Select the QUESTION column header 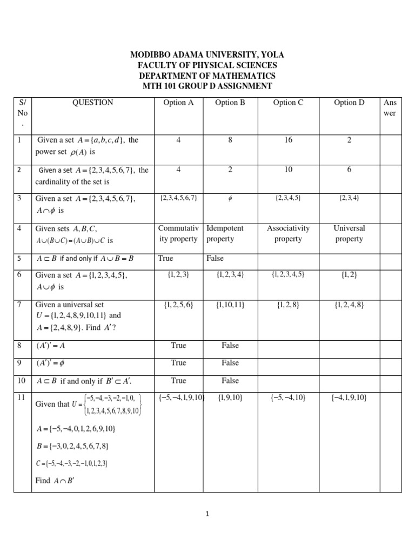[92, 102]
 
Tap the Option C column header [288, 103]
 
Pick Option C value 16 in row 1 [288, 140]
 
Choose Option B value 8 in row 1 [230, 140]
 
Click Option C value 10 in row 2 [288, 170]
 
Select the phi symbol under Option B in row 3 [230, 198]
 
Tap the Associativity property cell [288, 233]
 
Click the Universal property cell [350, 233]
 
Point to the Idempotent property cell [225, 233]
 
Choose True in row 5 [166, 258]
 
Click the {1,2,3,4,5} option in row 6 [288, 274]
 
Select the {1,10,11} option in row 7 [230, 305]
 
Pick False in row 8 [230, 345]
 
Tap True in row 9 [178, 362]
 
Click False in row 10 [230, 380]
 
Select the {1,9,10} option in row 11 [230, 398]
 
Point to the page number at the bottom [207, 515]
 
